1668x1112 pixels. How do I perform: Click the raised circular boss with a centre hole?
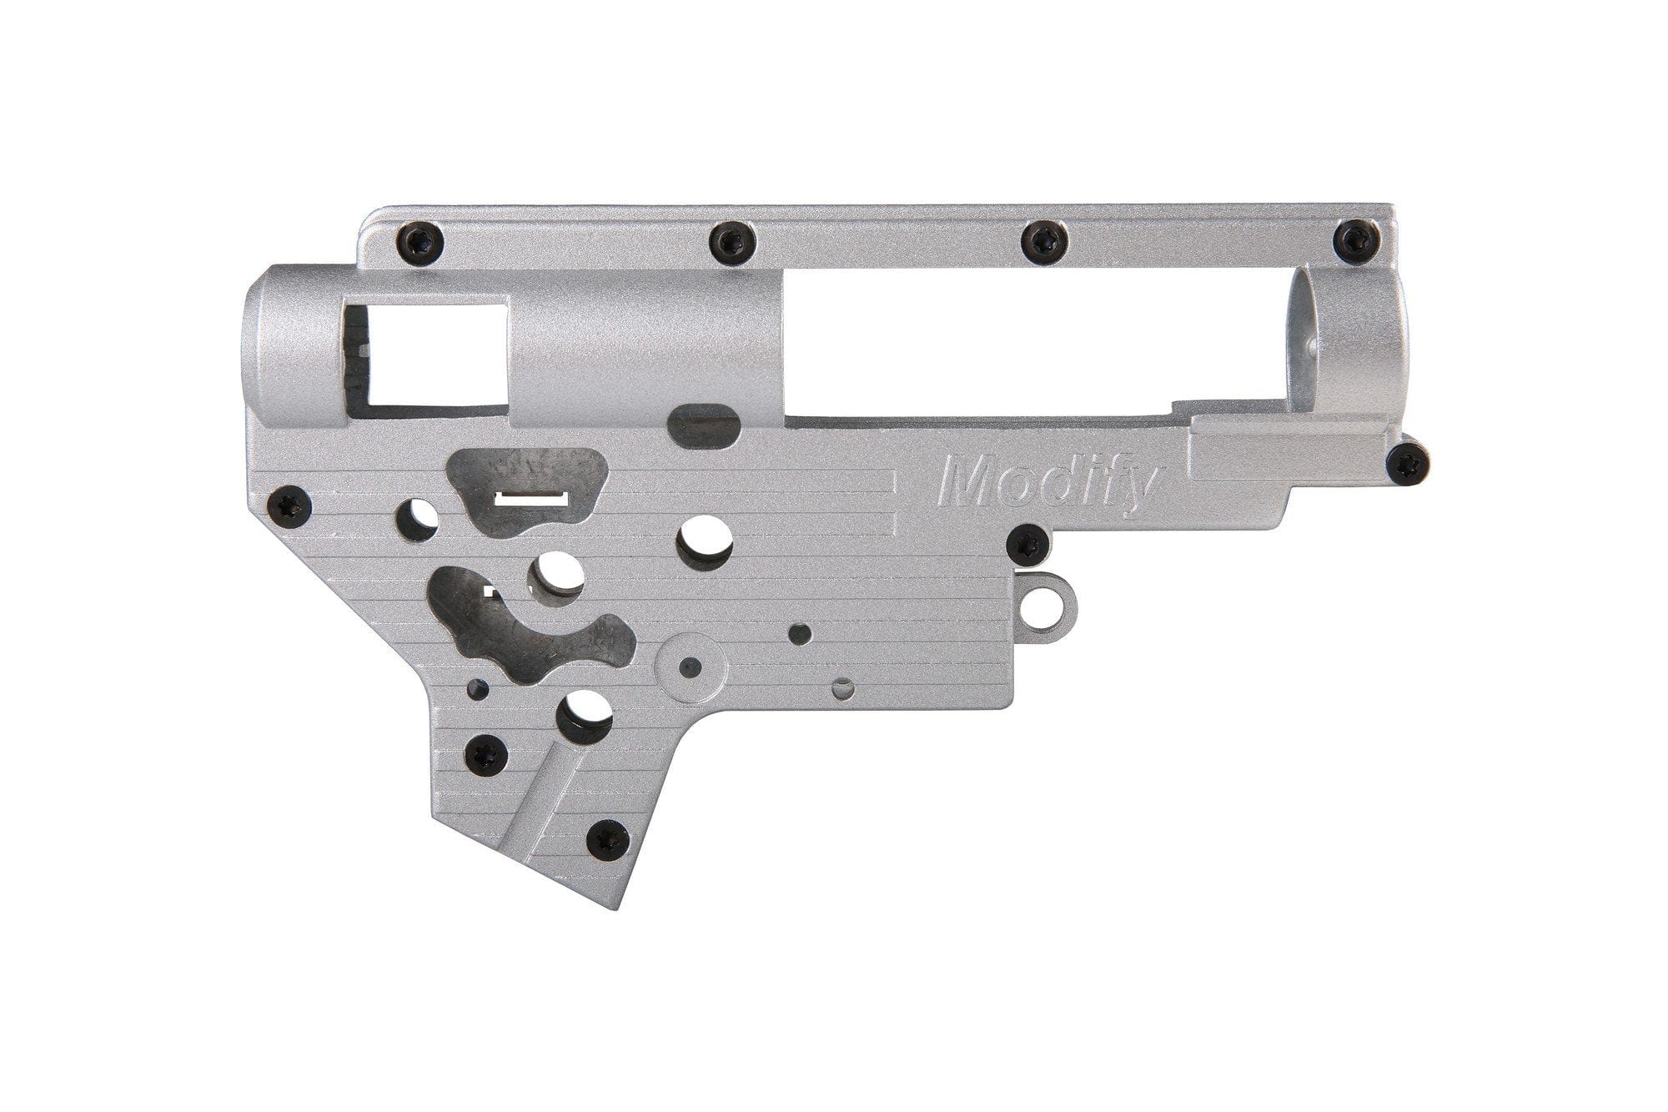[689, 665]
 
